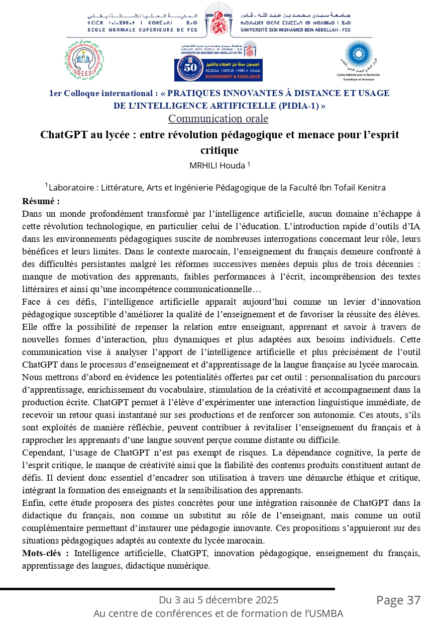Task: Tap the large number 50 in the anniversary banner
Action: coord(191,68)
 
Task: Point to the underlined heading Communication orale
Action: coord(218,119)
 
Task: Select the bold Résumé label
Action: coord(41,201)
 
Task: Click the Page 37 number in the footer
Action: coord(398,600)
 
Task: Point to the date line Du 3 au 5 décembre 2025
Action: coord(218,600)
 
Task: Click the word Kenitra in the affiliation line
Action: coord(370,188)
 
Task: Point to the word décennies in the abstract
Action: coord(380,264)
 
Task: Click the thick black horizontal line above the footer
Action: coord(167,589)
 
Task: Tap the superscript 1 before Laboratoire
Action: coord(46,185)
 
